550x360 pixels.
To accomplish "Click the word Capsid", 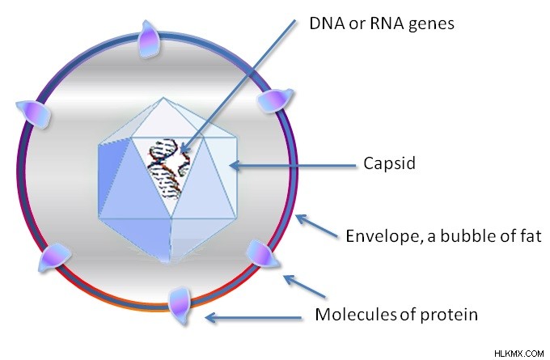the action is [x=389, y=163].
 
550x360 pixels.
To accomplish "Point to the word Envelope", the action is [x=382, y=236].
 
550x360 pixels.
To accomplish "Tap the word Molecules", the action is [x=356, y=314].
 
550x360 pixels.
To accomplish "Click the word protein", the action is [x=449, y=315].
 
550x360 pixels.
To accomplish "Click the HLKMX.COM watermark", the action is [x=518, y=353].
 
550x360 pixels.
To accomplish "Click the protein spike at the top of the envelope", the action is [x=149, y=39].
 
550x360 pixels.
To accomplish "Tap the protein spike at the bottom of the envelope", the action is [x=180, y=304].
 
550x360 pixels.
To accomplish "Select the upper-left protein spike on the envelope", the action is [x=33, y=113].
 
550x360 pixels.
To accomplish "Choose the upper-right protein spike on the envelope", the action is [x=275, y=100].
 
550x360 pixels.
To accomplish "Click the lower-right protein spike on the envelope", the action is [x=263, y=254].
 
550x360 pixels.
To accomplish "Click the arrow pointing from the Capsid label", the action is [x=293, y=165].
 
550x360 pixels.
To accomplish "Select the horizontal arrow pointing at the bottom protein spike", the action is [x=253, y=318].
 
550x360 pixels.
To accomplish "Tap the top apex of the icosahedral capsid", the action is [x=163, y=98].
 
